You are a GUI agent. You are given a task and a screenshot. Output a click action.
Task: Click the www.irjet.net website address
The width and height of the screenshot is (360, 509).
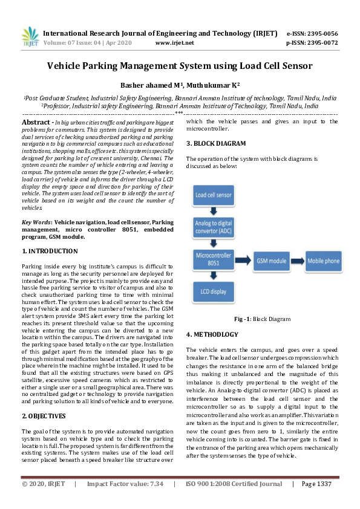coord(174,43)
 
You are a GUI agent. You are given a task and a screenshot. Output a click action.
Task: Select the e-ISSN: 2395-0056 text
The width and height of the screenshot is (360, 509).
coord(312,33)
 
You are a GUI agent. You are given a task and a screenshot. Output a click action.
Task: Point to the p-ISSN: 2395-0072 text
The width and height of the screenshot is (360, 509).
coord(312,43)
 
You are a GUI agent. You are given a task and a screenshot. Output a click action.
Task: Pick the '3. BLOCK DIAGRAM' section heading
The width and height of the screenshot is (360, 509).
coord(216,143)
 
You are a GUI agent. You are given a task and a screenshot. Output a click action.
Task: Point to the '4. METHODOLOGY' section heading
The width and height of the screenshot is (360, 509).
coord(212,334)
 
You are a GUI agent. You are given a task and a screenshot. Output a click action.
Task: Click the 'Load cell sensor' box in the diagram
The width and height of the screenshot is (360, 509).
coord(213,196)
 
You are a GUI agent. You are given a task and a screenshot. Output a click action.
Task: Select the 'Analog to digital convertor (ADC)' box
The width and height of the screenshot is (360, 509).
coord(213,228)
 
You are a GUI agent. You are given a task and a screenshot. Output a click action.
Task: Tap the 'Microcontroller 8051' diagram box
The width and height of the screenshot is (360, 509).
coord(213,261)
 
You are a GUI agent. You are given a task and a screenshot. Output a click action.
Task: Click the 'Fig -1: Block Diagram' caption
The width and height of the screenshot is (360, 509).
coord(262,319)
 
